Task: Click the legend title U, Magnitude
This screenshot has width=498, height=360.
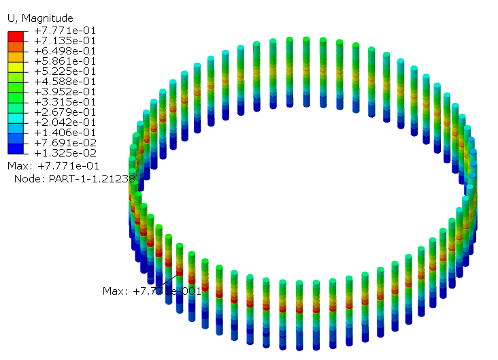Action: coord(40,18)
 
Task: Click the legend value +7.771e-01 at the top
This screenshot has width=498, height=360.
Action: coord(65,31)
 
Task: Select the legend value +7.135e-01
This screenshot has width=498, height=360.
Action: coord(65,41)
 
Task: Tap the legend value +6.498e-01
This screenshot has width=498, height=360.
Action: coord(65,51)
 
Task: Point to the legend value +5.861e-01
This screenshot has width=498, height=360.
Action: coord(65,61)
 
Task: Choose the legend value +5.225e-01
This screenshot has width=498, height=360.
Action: coord(65,71)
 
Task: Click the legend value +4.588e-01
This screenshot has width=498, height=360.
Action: coord(65,82)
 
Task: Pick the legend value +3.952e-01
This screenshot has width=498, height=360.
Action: coord(65,91)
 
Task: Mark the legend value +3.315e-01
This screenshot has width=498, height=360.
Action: coord(65,101)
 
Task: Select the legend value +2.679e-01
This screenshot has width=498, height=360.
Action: coord(65,112)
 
